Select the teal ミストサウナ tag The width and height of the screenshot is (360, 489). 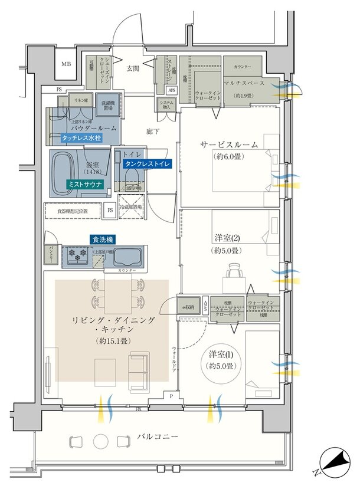(86, 185)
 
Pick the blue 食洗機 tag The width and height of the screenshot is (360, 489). (102, 239)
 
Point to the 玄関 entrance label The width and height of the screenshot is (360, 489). (133, 68)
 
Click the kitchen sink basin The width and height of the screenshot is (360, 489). (126, 258)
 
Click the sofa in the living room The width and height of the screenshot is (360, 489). (139, 367)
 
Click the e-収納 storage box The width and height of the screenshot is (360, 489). (189, 307)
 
